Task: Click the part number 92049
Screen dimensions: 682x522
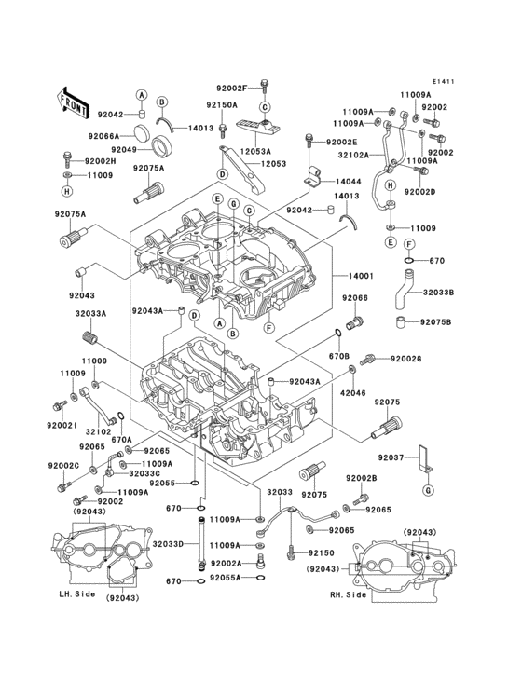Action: pyautogui.click(x=125, y=149)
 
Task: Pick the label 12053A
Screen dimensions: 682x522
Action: pyautogui.click(x=254, y=150)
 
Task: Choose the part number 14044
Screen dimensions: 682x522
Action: pyautogui.click(x=349, y=181)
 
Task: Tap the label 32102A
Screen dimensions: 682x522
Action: pyautogui.click(x=353, y=156)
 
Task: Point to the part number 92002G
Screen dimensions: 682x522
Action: pyautogui.click(x=406, y=359)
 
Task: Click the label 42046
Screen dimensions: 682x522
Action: pyautogui.click(x=352, y=393)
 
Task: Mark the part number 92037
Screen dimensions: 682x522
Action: pyautogui.click(x=392, y=457)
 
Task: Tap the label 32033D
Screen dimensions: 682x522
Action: pyautogui.click(x=168, y=544)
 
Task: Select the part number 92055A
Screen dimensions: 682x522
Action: pyautogui.click(x=226, y=578)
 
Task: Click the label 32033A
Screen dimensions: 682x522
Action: pyautogui.click(x=90, y=315)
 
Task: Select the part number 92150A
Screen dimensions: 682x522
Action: pyautogui.click(x=222, y=105)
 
